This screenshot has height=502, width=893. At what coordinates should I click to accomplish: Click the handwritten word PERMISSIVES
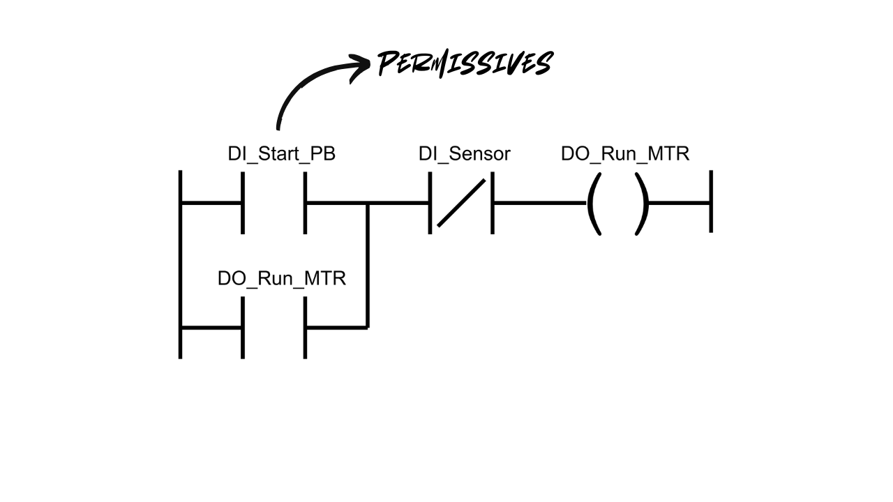[465, 64]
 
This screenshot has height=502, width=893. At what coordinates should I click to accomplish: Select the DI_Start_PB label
[281, 154]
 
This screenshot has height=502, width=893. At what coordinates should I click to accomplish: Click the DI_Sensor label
[464, 154]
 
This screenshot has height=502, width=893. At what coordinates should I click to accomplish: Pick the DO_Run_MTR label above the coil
[624, 154]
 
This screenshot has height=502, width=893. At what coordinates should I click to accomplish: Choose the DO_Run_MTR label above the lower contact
[281, 278]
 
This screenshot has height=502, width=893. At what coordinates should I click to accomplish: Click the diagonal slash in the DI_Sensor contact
[461, 203]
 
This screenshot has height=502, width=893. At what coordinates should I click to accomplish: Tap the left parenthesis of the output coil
[593, 204]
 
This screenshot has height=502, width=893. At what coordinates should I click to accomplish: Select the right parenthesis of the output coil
[643, 204]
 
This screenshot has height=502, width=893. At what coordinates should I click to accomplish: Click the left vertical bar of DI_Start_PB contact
[243, 203]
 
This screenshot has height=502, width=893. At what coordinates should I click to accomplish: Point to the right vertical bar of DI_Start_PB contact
[305, 203]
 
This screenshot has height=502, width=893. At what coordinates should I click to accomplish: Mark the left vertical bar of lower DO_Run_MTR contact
[243, 327]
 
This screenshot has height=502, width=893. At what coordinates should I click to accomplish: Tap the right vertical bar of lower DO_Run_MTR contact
[305, 327]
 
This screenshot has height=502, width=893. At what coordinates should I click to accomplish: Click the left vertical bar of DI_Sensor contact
[430, 203]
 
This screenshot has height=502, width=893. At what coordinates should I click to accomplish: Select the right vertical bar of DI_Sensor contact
[493, 203]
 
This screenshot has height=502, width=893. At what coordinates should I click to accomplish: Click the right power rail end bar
[711, 201]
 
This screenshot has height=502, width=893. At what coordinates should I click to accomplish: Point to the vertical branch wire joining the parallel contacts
[368, 265]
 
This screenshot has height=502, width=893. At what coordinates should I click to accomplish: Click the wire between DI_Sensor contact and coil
[539, 203]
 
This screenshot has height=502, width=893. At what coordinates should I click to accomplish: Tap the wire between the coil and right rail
[680, 203]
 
